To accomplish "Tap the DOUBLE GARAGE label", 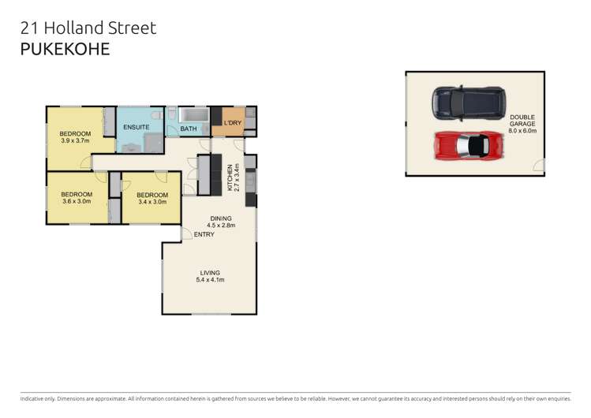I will tap(522, 120).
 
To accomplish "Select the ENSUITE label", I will tap(136, 126).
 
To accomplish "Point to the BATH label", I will tap(189, 129).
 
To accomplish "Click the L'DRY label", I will tap(232, 123).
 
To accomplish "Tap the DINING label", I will tap(220, 218).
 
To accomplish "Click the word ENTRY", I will tap(204, 234).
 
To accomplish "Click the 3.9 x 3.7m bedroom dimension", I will tap(75, 141).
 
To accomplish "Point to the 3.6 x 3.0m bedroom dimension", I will tap(77, 201).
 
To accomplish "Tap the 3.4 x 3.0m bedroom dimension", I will tap(152, 202).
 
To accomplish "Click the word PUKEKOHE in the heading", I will tap(65, 48).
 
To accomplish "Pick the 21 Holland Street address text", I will tap(87, 28).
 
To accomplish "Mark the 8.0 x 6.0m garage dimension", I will tap(522, 131).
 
